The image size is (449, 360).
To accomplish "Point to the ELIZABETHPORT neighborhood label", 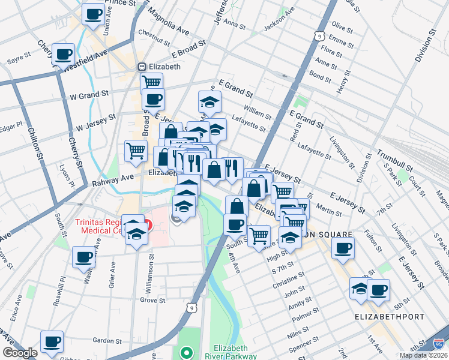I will click(x=389, y=316).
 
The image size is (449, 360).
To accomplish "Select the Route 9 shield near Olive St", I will click(x=316, y=36).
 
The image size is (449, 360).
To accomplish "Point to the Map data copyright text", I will click(x=423, y=355).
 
